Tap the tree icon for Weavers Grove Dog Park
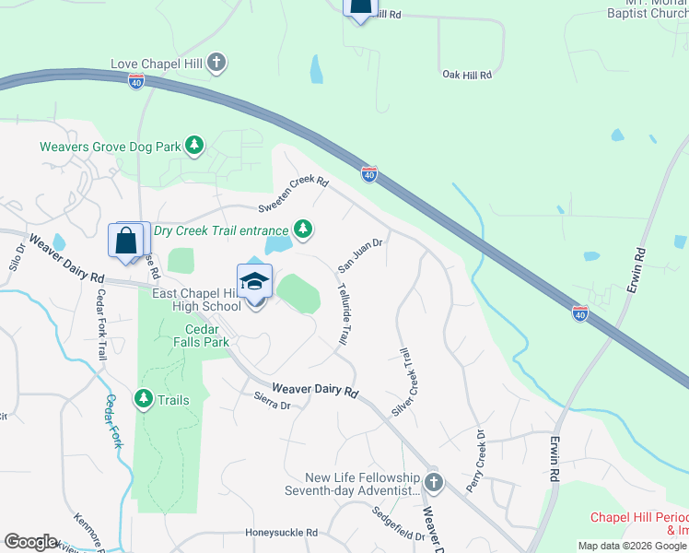tap(193, 146)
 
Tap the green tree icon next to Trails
tap(143, 399)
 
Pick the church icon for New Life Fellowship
tap(433, 482)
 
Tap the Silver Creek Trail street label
tap(405, 382)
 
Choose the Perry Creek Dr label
tap(475, 460)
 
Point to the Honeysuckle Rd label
tap(281, 533)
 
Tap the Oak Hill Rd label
tap(467, 74)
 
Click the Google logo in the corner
tap(29, 541)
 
